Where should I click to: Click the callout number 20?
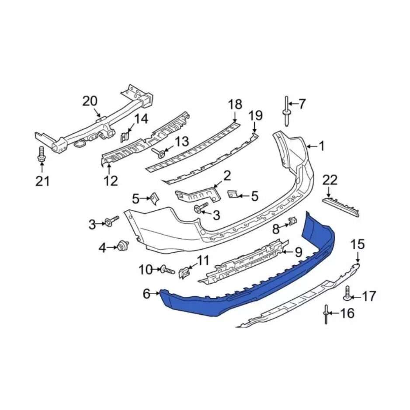point(90,101)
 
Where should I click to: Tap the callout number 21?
point(42,181)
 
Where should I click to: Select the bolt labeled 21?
point(41,155)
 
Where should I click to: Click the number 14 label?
point(141,119)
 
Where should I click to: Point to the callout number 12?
point(111,180)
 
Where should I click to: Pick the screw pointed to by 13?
point(160,153)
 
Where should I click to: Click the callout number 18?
point(235,104)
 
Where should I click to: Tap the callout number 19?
point(256,116)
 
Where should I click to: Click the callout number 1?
point(321,146)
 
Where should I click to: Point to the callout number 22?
point(330,180)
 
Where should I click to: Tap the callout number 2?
point(227,176)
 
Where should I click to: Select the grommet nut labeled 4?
point(123,247)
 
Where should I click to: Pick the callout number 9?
point(298,252)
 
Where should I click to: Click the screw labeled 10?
point(167,270)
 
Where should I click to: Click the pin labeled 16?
point(327,314)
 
